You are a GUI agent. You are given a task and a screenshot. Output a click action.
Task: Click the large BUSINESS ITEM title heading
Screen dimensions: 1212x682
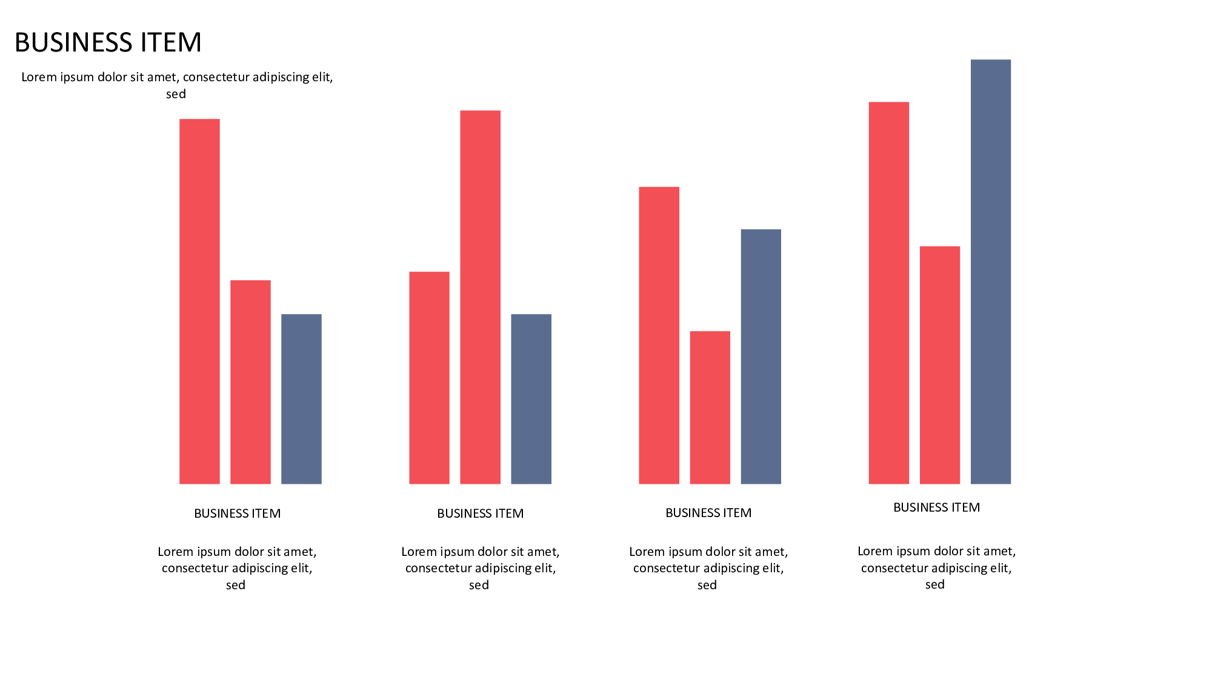click(x=108, y=42)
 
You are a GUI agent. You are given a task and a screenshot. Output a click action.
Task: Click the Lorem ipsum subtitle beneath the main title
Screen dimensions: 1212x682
click(x=177, y=85)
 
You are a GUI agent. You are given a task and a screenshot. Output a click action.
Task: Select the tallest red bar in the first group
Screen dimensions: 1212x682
click(x=199, y=301)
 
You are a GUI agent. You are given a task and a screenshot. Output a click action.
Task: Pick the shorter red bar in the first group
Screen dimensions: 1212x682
click(x=250, y=382)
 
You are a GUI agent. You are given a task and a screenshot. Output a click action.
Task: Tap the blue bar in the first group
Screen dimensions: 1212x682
click(x=301, y=399)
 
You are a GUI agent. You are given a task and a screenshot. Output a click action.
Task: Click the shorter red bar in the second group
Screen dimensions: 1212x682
click(x=429, y=378)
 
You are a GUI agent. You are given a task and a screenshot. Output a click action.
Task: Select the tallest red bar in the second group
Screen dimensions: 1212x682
click(x=480, y=297)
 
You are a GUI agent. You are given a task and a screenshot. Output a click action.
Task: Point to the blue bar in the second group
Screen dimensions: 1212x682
click(x=531, y=399)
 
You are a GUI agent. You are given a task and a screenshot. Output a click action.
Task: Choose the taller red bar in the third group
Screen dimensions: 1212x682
click(x=659, y=335)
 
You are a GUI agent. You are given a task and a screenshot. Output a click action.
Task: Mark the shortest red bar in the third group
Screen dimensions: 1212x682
click(x=710, y=407)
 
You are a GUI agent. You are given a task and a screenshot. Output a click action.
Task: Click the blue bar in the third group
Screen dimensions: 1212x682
click(x=761, y=356)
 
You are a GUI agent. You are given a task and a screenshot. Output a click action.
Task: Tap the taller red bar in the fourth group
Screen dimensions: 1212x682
click(x=888, y=293)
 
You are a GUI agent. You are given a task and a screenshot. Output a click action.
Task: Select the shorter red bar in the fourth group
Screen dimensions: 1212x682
click(x=939, y=365)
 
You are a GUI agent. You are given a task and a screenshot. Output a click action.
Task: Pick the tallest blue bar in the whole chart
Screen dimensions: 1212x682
click(x=990, y=272)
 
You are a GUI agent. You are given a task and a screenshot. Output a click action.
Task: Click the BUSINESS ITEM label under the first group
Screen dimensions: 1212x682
click(x=237, y=513)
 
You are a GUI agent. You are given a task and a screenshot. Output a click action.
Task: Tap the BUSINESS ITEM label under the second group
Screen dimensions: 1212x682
click(x=480, y=513)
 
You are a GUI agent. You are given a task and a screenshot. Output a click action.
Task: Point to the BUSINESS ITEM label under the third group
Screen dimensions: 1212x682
click(x=708, y=513)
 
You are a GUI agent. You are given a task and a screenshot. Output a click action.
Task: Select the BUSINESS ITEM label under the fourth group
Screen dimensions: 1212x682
click(x=936, y=507)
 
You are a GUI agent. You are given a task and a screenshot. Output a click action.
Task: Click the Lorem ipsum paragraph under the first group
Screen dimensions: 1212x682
click(x=237, y=568)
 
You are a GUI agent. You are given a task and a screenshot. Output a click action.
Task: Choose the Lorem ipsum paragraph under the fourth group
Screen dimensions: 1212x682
click(x=936, y=567)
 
